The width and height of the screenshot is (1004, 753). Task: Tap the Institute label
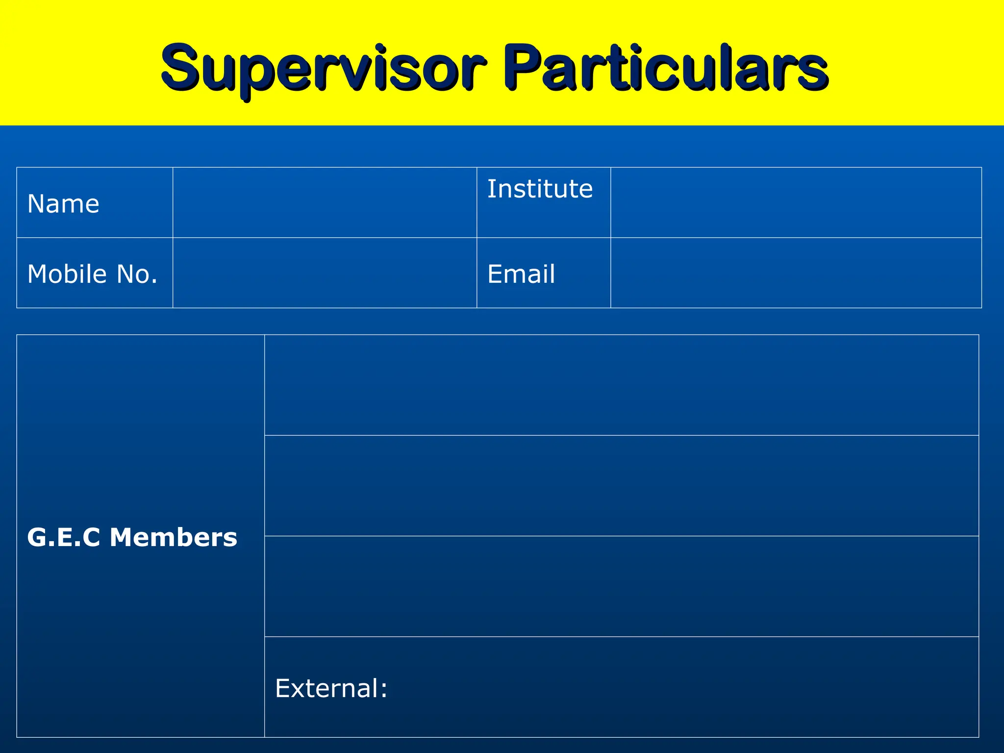(540, 189)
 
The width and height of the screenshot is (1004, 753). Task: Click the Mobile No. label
(92, 274)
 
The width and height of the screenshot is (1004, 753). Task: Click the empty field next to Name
(325, 202)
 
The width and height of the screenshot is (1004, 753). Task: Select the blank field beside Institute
(796, 202)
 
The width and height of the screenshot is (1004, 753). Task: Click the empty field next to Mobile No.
(325, 273)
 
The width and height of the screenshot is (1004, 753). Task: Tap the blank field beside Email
(796, 273)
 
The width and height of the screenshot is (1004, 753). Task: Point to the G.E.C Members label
(132, 537)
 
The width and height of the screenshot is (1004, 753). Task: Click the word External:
(331, 688)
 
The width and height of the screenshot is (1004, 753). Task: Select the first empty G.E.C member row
(621, 385)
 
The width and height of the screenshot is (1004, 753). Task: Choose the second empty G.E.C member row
(621, 485)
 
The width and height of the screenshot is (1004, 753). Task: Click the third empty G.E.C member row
(621, 586)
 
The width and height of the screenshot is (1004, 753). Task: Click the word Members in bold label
(174, 537)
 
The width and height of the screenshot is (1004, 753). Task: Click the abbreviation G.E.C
(64, 537)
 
